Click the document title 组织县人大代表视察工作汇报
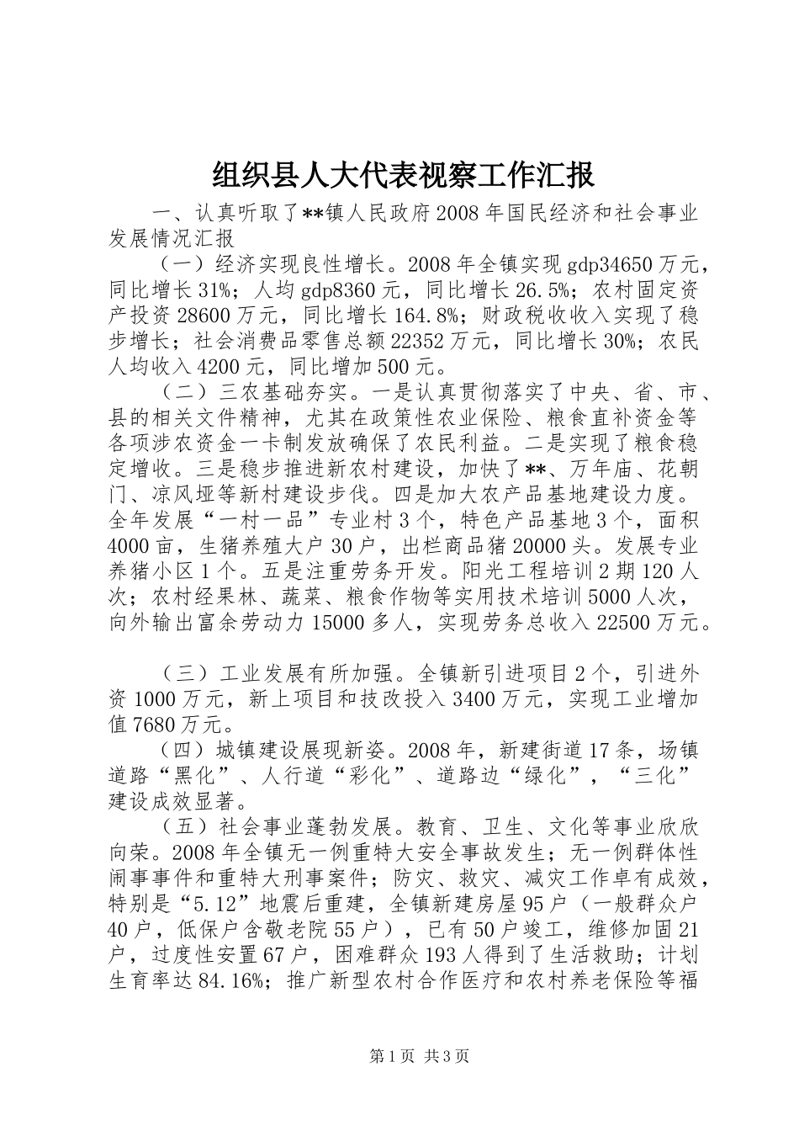[403, 176]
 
